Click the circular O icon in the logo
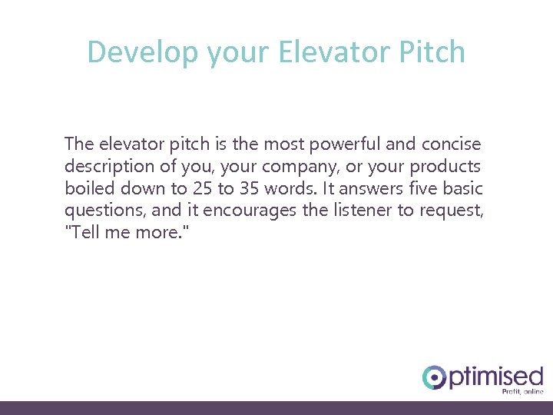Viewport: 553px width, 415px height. click(x=434, y=377)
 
